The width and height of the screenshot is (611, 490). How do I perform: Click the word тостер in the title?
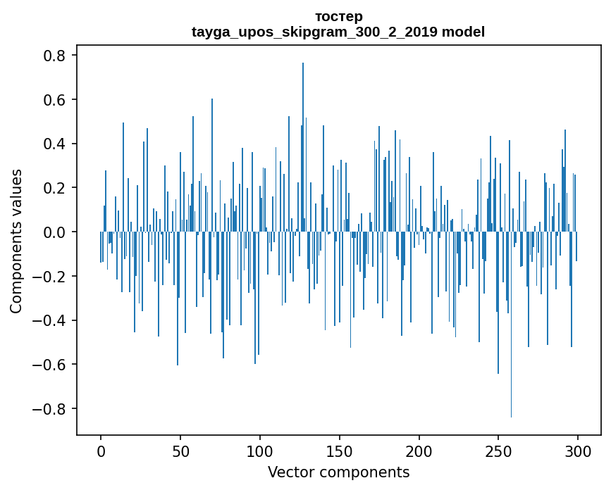point(338,16)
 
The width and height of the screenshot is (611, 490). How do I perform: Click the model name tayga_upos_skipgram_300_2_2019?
point(314,32)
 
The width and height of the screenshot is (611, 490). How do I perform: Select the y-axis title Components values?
point(16,241)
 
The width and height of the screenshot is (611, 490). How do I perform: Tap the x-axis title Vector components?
point(338,472)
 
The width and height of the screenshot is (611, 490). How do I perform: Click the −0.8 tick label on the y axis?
point(51,409)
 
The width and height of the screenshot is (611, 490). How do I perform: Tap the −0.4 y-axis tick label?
point(51,320)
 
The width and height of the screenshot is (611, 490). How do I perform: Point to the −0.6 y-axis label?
point(51,365)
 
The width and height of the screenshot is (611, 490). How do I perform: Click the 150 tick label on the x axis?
point(339,451)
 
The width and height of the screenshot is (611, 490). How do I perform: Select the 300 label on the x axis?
point(578,451)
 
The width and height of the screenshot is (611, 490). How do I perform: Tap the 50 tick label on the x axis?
point(180,451)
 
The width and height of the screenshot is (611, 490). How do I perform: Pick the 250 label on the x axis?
point(498,451)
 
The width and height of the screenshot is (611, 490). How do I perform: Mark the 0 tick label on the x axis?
point(101,451)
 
